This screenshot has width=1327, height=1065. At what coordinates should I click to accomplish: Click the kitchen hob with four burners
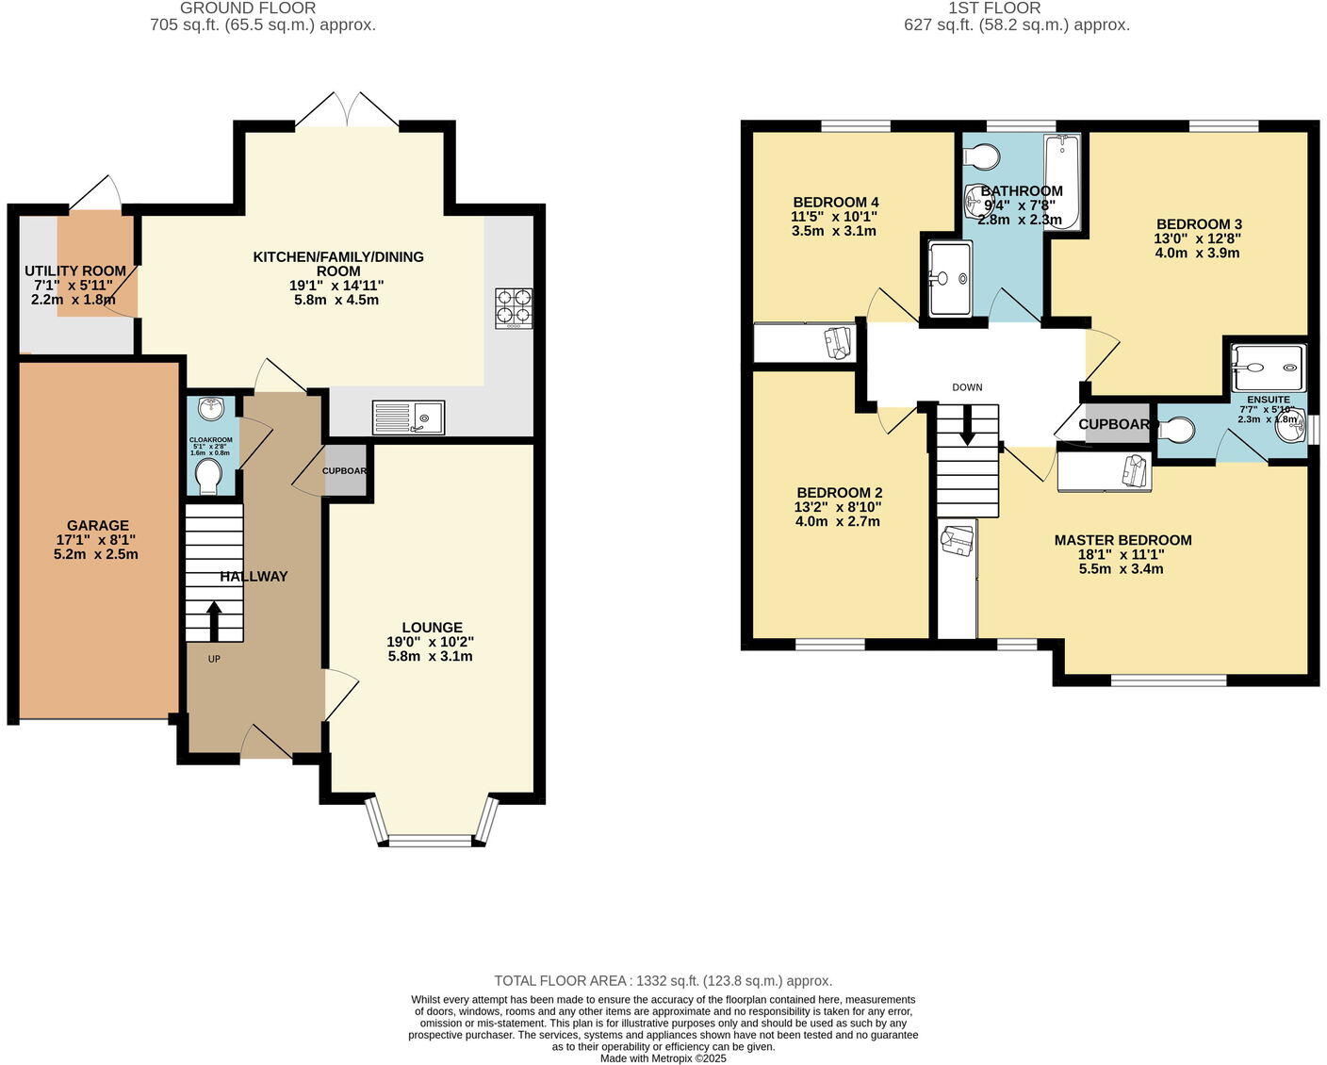click(x=514, y=308)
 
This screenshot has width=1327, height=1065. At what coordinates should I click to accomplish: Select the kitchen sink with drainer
click(x=408, y=417)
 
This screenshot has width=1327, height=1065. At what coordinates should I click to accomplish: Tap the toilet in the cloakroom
click(x=207, y=477)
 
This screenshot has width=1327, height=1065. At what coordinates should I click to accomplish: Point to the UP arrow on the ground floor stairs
click(x=213, y=620)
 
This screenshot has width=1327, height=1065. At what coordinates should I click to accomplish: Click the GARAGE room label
click(x=97, y=526)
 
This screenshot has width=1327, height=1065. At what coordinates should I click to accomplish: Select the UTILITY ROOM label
click(x=75, y=271)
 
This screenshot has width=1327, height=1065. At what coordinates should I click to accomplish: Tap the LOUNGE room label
click(x=432, y=628)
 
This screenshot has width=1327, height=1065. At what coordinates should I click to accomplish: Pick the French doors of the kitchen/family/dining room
click(x=347, y=111)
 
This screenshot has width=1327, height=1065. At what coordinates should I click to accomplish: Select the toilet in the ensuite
click(x=1176, y=431)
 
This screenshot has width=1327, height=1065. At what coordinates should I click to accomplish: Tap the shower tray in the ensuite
click(x=1269, y=368)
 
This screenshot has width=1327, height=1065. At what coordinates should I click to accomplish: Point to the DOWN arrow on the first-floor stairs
click(x=967, y=430)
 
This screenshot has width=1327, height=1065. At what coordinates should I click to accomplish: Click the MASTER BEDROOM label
click(x=1122, y=541)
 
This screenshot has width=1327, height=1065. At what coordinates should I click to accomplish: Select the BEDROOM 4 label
click(x=836, y=203)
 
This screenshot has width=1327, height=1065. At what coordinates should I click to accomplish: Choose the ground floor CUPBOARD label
click(x=345, y=471)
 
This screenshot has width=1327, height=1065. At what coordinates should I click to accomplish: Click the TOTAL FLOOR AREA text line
click(x=663, y=981)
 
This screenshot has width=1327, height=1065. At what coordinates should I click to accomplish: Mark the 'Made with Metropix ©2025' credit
click(x=663, y=1058)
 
